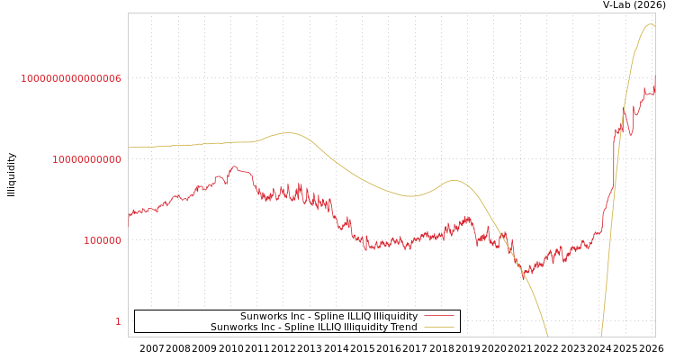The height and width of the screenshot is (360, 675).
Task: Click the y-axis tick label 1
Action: [118, 321]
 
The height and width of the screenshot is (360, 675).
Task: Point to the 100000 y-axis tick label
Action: [103, 240]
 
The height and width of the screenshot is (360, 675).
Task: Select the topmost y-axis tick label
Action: [71, 78]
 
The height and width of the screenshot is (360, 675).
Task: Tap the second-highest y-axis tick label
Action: [86, 159]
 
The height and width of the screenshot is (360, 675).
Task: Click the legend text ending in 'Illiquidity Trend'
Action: [314, 327]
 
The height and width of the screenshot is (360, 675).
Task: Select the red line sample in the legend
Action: [438, 316]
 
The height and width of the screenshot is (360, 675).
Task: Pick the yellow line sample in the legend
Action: [438, 327]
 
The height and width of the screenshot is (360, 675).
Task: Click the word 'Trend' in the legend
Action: [403, 327]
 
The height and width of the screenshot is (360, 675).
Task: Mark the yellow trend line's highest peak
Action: [650, 24]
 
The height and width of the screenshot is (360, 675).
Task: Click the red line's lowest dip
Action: [525, 277]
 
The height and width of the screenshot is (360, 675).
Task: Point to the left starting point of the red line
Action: [129, 216]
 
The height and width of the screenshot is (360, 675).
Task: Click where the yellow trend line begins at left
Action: [129, 148]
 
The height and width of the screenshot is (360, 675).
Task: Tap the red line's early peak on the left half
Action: [234, 166]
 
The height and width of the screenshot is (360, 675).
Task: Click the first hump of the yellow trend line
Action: [287, 133]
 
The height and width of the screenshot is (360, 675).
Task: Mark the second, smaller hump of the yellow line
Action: [454, 180]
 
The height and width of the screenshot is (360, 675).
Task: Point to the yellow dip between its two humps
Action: [410, 195]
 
